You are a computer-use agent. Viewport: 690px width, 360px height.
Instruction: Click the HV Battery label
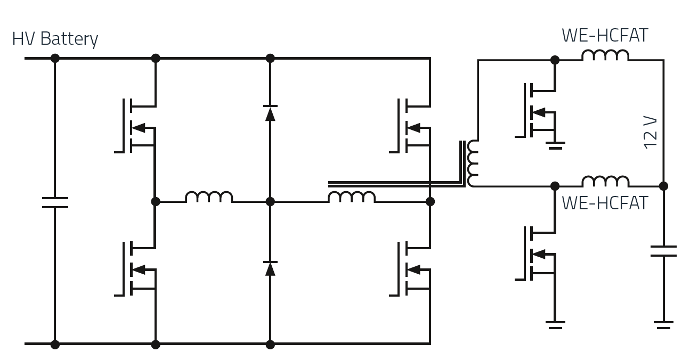tap(55, 39)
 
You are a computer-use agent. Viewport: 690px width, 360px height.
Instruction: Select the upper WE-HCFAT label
tap(605, 36)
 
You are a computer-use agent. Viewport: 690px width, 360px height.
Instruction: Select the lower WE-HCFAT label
tap(605, 203)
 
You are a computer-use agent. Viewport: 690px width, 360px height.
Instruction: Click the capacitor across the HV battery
tap(54, 202)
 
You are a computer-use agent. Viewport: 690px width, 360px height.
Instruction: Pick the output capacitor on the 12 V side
tap(663, 251)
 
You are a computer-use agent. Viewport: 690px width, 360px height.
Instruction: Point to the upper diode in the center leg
tap(270, 112)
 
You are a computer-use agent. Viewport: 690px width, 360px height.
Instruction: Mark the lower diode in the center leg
tap(270, 268)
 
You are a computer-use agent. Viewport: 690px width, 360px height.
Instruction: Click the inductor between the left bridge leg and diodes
tap(209, 197)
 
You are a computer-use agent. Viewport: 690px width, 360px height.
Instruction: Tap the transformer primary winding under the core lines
tap(351, 197)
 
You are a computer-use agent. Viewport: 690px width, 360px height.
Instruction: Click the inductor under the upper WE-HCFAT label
tap(605, 55)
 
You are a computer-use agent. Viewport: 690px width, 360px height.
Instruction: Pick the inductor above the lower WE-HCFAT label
tap(605, 181)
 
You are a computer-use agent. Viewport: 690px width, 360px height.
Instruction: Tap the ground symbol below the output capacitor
tap(663, 324)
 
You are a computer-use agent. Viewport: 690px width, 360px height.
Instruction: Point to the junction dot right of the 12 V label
tap(663, 186)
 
